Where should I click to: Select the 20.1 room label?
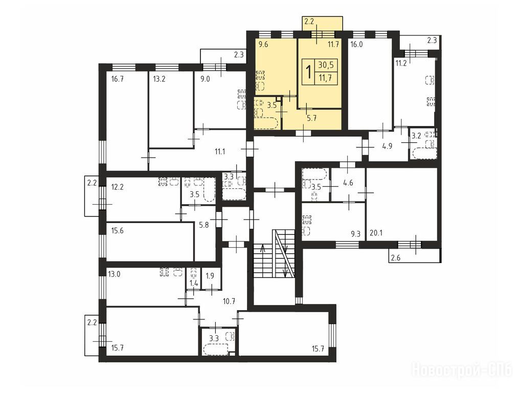[376, 233]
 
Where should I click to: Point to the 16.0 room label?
[356, 45]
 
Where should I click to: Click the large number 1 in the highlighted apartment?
[308, 72]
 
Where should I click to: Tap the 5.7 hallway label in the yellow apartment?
[311, 118]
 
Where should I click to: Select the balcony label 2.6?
[396, 257]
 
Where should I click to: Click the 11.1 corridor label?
[220, 151]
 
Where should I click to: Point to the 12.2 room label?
[118, 187]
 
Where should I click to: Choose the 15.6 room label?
[118, 231]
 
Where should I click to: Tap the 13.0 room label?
[114, 274]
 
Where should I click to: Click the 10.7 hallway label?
[229, 301]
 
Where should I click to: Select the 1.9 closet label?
[210, 275]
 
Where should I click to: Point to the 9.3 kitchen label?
[355, 234]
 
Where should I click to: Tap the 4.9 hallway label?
[388, 146]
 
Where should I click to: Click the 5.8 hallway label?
[204, 225]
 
